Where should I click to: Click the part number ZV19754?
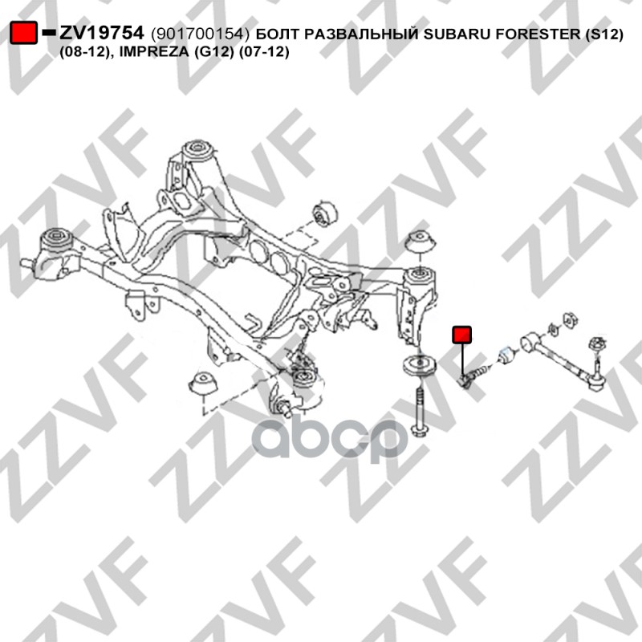pyautogui.click(x=102, y=33)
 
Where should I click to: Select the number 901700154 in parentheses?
pyautogui.click(x=200, y=34)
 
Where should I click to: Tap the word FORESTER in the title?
pyautogui.click(x=538, y=34)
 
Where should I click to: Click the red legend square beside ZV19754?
pyautogui.click(x=24, y=33)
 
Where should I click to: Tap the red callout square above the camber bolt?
pyautogui.click(x=461, y=335)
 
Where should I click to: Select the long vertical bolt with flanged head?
pyautogui.click(x=418, y=412)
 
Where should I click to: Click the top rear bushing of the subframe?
pyautogui.click(x=198, y=151)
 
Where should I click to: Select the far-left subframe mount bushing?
pyautogui.click(x=58, y=240)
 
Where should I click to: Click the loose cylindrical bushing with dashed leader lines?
pyautogui.click(x=324, y=213)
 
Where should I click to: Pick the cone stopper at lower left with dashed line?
pyautogui.click(x=202, y=384)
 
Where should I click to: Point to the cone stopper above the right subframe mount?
pyautogui.click(x=420, y=242)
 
